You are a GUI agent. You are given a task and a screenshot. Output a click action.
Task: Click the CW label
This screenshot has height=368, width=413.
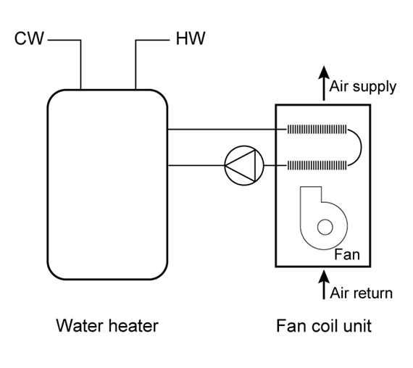point(29,38)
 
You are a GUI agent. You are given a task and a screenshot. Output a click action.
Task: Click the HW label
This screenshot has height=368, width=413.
point(191,38)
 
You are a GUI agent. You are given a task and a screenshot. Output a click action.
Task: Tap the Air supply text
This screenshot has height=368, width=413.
point(363,87)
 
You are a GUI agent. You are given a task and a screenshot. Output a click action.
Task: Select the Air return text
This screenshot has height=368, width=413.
point(361,293)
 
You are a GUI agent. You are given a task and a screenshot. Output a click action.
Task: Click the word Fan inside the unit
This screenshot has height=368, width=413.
point(347,255)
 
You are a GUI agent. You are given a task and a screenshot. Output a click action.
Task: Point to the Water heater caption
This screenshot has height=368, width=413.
point(107,325)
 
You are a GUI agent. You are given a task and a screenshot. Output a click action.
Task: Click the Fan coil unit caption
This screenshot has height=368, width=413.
point(324,325)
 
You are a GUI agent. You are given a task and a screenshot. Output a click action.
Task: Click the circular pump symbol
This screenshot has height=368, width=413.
point(244,165)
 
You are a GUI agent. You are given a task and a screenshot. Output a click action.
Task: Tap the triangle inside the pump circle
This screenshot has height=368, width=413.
point(241,165)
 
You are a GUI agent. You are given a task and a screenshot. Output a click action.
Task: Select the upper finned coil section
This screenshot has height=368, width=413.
point(317,130)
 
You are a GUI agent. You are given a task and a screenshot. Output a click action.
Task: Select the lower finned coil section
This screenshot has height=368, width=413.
point(317,165)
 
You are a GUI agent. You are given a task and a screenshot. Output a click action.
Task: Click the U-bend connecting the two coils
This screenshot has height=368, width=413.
point(361,148)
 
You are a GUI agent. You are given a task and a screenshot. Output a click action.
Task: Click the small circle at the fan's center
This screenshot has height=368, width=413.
point(325,227)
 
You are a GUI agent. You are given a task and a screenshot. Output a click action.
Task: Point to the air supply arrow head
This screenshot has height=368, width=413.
point(324,72)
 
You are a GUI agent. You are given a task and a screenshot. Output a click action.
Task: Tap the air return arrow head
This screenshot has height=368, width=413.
point(324,277)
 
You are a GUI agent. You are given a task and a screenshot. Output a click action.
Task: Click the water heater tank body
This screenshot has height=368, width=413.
point(107,185)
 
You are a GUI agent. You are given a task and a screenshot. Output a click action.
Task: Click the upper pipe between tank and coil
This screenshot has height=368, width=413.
point(228,130)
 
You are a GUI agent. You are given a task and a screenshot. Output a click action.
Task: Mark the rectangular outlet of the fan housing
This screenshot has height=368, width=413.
point(311,193)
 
